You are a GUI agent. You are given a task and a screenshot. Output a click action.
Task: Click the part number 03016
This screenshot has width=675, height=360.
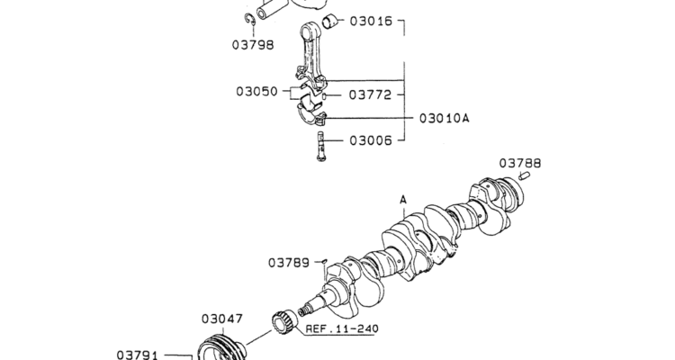371,21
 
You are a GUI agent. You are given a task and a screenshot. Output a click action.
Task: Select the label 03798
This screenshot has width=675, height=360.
253,45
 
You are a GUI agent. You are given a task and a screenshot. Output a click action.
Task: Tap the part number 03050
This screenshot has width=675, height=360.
257,91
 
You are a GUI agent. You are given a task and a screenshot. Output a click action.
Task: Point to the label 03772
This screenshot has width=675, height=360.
370,94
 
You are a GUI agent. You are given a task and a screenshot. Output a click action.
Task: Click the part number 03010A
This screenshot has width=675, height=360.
445,118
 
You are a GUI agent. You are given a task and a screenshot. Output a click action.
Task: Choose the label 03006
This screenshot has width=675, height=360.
371,140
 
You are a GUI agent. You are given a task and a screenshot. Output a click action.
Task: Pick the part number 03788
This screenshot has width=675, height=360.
520,163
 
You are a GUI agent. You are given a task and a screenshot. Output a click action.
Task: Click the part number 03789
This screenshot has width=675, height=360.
289,263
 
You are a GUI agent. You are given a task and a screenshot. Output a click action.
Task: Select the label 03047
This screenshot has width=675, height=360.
222,319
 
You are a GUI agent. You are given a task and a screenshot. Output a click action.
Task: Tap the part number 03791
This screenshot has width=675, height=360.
138,355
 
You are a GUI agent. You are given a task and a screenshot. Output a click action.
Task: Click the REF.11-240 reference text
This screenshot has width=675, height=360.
342,329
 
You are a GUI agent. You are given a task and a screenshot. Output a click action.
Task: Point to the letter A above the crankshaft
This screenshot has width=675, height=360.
403,200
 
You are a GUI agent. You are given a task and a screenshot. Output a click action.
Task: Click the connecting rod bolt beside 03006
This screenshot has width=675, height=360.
320,147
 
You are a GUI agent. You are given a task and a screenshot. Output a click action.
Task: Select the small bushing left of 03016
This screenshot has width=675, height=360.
328,21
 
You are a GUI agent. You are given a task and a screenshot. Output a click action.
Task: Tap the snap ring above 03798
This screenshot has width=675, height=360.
250,20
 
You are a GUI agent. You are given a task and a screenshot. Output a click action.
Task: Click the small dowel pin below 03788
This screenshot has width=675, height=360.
524,175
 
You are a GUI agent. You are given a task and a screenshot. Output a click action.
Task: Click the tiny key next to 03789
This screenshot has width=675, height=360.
325,261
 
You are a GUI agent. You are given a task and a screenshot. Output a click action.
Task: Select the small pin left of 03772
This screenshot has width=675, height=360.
324,96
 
